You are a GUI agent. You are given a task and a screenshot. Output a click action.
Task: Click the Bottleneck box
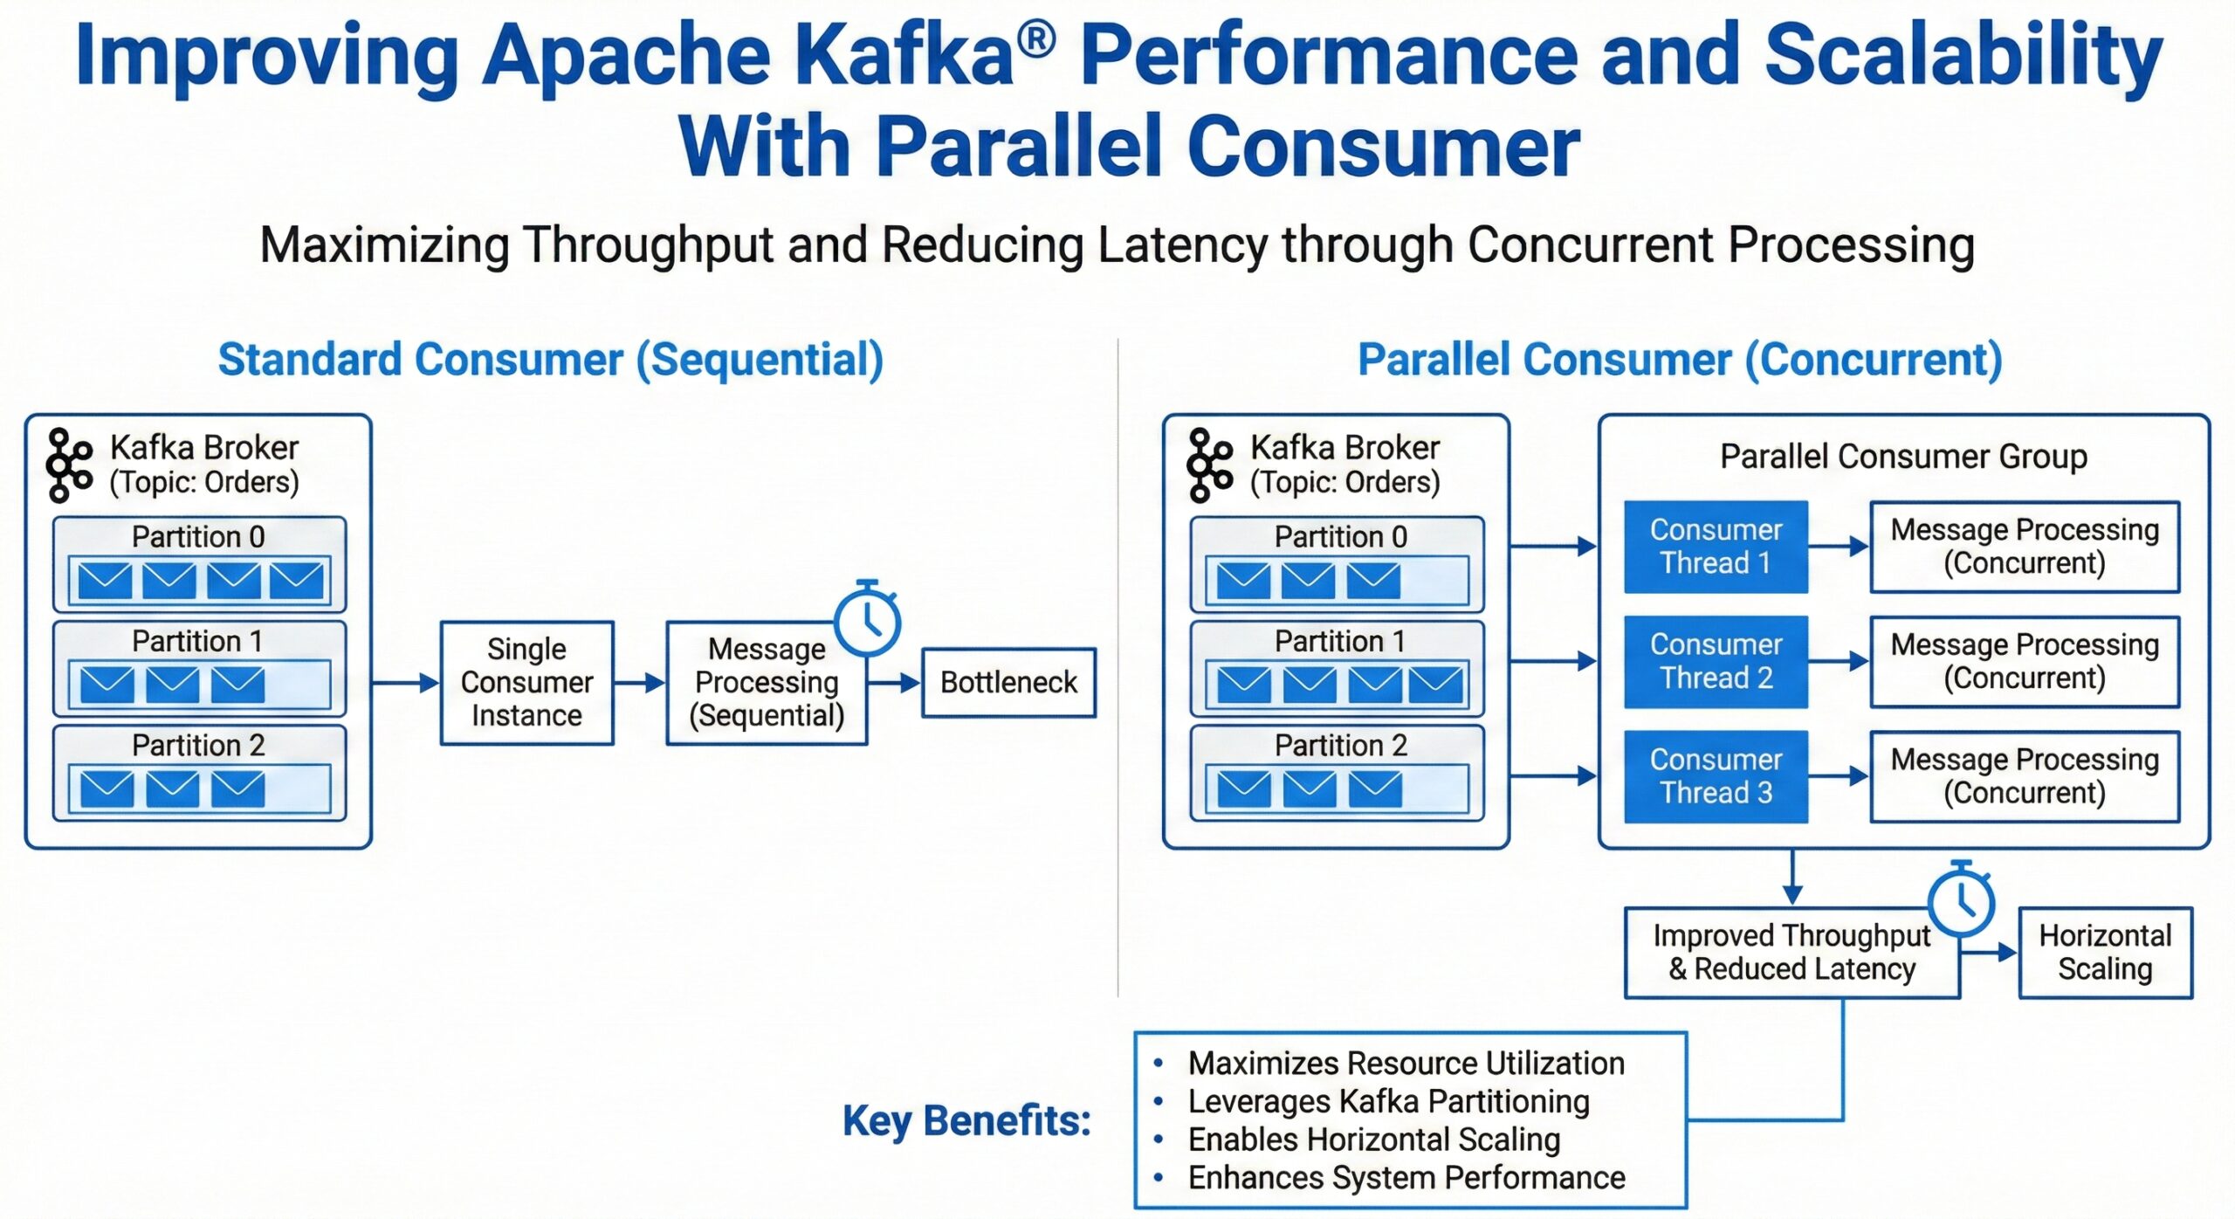coord(1008,682)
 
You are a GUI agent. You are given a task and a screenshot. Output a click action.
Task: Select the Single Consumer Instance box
coord(526,682)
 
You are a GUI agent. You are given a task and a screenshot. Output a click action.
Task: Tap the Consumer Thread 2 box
coord(1716,661)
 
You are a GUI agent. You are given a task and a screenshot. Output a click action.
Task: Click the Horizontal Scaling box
coord(2105,952)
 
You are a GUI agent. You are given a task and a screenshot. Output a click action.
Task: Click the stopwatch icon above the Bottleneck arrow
coord(867,620)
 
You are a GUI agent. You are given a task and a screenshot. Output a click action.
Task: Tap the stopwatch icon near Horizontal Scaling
coord(1962,901)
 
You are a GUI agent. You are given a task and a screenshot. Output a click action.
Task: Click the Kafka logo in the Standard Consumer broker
coord(69,465)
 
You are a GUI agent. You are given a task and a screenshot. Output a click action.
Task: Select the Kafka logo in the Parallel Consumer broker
coord(1209,465)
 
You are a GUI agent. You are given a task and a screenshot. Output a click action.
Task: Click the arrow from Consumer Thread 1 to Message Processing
coord(1838,547)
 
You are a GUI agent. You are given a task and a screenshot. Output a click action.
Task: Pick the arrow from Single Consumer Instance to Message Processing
coord(639,682)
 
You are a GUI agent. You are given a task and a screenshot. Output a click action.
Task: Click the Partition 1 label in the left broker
coord(197,641)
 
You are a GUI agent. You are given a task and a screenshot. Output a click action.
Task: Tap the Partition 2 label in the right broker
coord(1340,745)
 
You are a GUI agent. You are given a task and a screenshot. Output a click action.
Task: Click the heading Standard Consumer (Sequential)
coord(550,359)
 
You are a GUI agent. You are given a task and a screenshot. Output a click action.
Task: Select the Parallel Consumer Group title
coord(1903,456)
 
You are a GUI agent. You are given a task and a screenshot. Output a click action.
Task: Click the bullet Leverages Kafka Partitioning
coord(1388,1101)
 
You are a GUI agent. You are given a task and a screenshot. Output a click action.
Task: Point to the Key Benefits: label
coord(966,1120)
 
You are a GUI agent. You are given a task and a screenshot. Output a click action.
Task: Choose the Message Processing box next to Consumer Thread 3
coord(2024,776)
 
